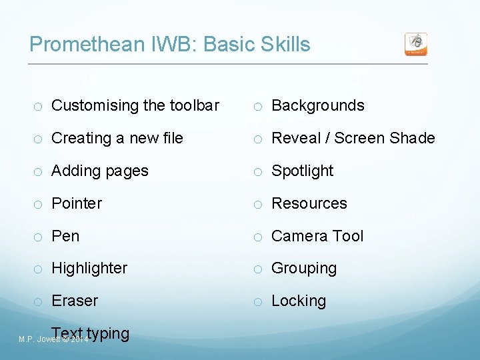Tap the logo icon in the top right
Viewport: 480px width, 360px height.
[x=416, y=45]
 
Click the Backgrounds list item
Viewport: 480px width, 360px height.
[x=318, y=105]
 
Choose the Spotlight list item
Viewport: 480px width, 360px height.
[x=302, y=171]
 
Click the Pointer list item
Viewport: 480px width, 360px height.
[x=77, y=203]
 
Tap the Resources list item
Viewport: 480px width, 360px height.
[x=309, y=203]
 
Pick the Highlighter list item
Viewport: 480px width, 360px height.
[x=89, y=268]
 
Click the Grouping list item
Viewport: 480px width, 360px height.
[x=304, y=268]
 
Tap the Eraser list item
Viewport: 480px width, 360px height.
[x=75, y=301]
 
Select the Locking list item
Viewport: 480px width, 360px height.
[x=299, y=301]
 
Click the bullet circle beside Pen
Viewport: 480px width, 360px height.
[x=39, y=237]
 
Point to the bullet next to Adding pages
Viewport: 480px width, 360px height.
[x=39, y=171]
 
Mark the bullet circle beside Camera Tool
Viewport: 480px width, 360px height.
[x=259, y=237]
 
